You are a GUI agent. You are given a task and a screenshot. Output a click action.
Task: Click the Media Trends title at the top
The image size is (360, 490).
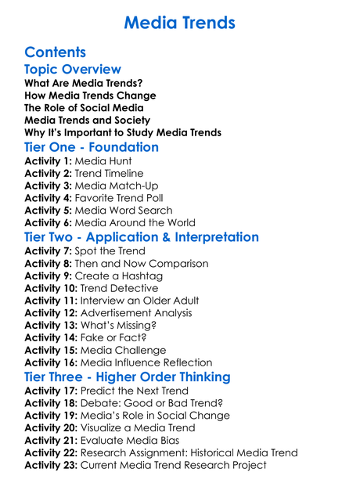click(x=179, y=21)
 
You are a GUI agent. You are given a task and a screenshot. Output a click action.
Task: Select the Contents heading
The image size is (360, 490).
click(x=55, y=52)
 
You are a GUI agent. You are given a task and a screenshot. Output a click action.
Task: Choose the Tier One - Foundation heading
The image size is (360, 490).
click(x=92, y=147)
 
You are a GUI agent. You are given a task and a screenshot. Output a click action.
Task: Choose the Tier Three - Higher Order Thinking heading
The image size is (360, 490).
click(x=128, y=377)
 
